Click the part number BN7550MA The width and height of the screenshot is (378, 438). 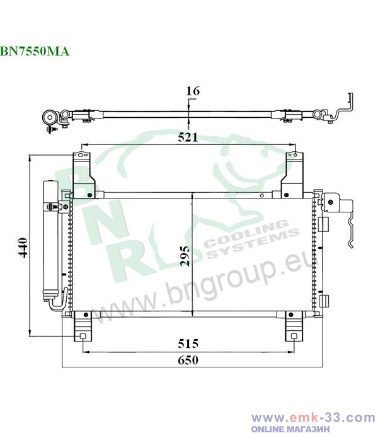point(35,51)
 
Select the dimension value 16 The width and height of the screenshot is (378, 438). point(193,91)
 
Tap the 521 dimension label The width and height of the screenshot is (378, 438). point(188,137)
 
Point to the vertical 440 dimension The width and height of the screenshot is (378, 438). point(22,247)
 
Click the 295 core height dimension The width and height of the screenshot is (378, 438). point(185,256)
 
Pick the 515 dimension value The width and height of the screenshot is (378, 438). point(188,343)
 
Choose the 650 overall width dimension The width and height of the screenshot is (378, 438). point(188,360)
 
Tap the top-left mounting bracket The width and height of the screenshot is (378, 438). point(83,175)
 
